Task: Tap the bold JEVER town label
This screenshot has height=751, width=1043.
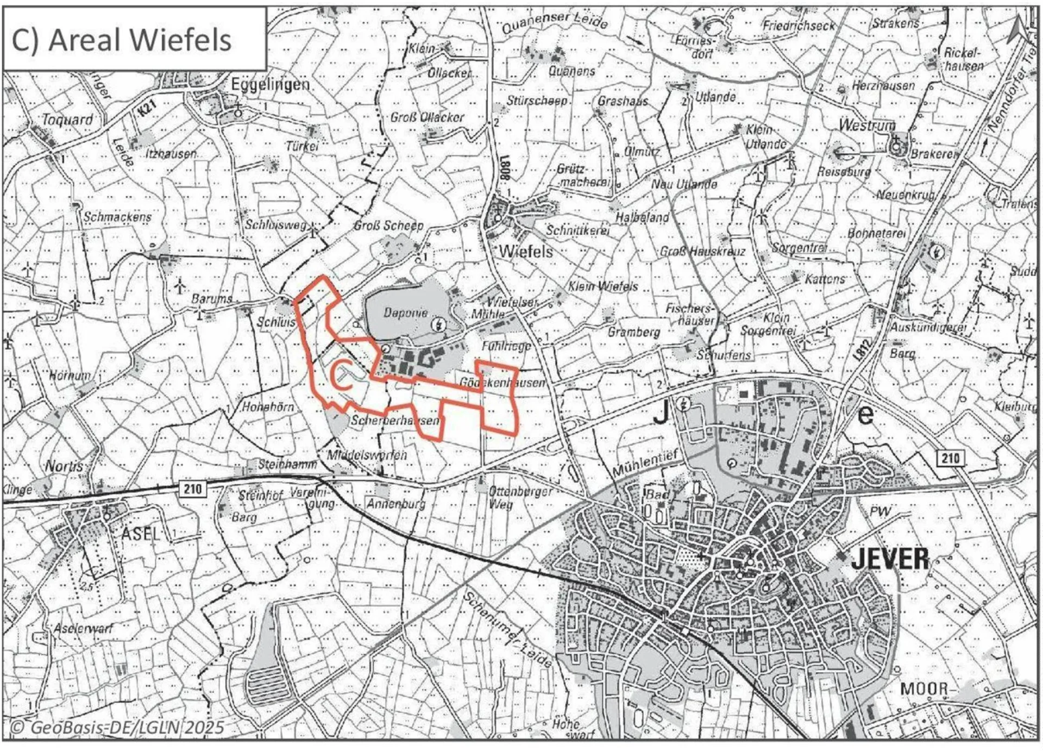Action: click(x=889, y=559)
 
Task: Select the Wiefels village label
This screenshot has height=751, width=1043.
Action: click(x=525, y=251)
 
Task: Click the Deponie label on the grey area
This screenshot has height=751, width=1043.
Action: click(x=405, y=312)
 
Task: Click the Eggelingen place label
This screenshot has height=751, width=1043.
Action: click(x=270, y=84)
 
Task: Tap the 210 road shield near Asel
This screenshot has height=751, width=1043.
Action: click(x=192, y=489)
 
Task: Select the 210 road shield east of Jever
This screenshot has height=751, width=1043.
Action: click(x=950, y=458)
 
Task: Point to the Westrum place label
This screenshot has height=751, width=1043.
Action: click(x=866, y=125)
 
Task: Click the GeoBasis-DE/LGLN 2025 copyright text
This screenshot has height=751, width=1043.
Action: click(x=117, y=727)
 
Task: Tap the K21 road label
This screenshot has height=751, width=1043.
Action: click(x=147, y=108)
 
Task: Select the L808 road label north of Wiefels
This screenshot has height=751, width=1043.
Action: click(x=505, y=168)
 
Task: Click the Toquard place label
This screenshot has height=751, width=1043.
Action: click(x=67, y=119)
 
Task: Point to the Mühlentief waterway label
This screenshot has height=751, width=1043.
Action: click(x=645, y=464)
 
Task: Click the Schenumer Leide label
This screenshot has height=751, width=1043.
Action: click(x=507, y=629)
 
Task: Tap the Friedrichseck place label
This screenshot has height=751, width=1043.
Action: click(x=798, y=25)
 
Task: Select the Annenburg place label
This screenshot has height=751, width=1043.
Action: click(x=395, y=504)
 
